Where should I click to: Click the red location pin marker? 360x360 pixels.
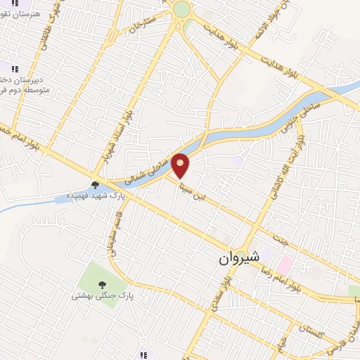pos(181,165)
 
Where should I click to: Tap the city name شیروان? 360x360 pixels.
pos(240,258)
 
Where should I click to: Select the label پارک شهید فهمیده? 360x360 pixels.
pos(96,195)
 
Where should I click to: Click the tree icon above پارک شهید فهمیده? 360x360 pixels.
pos(95,184)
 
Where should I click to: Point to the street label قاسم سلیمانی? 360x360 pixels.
pos(112,236)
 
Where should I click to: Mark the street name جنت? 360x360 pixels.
pos(281,239)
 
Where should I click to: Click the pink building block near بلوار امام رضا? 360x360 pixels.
pos(285,265)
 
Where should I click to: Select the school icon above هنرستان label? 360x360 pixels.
pos(15,4)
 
